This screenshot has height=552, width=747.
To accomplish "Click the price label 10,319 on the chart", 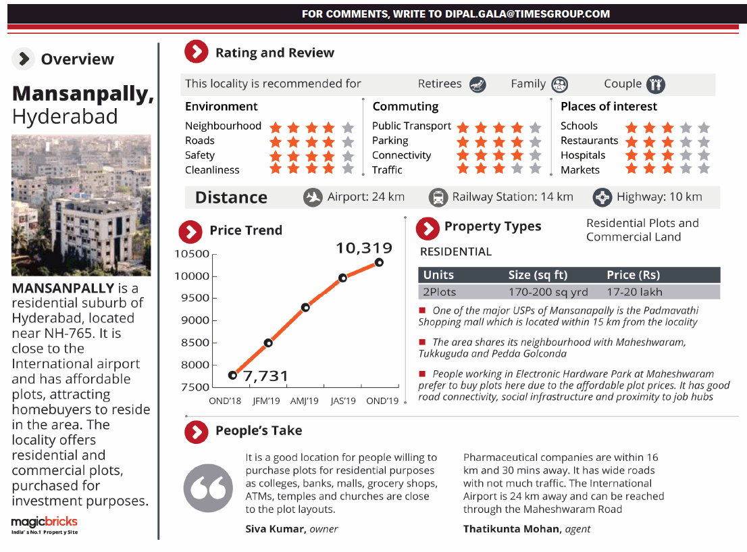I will click(363, 248).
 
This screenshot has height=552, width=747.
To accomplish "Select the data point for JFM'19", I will click(268, 343).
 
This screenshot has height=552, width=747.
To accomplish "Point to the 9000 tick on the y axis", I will click(196, 320).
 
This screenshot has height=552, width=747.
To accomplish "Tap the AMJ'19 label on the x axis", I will click(303, 401).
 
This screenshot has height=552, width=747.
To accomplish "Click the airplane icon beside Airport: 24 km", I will click(313, 197).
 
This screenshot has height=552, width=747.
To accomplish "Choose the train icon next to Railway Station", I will click(438, 197).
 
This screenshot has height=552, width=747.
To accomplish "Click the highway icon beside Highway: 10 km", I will click(602, 197).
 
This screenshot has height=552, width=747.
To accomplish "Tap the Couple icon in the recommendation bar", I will click(654, 84).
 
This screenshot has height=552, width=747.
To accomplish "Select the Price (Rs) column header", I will click(633, 275).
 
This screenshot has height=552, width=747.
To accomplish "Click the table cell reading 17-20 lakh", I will click(634, 292).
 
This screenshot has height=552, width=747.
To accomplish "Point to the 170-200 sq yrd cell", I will click(548, 292).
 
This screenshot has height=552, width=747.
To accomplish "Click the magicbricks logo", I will click(45, 523).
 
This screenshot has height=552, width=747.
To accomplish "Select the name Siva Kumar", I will click(276, 529).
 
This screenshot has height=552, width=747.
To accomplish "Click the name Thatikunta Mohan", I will click(511, 529).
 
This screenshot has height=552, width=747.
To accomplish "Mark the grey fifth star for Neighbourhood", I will click(348, 126).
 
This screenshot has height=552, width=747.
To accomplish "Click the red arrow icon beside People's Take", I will click(196, 431).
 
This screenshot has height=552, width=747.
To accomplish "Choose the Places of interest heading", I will click(609, 106).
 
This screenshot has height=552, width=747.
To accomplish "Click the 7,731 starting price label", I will click(265, 376).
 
